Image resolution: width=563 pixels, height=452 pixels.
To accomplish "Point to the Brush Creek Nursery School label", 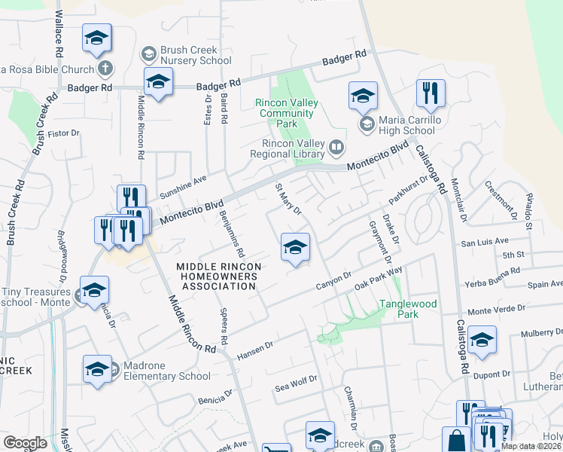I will (196, 55).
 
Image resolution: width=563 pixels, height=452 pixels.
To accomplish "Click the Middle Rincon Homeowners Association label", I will (219, 276).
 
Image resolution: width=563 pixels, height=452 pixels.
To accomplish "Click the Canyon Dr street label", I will (334, 281).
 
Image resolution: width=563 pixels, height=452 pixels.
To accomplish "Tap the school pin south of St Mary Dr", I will (295, 247).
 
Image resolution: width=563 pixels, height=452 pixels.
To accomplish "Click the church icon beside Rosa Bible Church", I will (105, 69).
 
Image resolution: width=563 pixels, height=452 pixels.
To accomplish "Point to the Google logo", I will (26, 443).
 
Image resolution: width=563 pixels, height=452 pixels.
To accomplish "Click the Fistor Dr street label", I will (63, 134).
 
